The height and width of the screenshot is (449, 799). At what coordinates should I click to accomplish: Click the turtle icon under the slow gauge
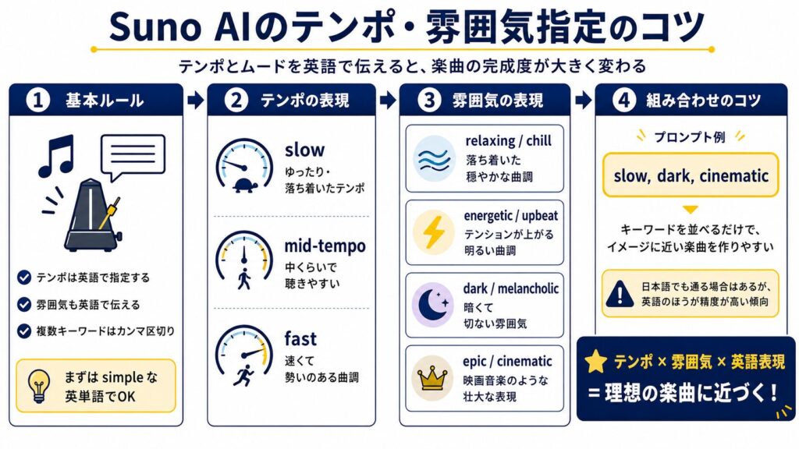coord(245,185)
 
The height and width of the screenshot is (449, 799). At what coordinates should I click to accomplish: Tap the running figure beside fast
coord(243,375)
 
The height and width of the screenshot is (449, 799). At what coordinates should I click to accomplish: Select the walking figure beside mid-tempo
coord(244,279)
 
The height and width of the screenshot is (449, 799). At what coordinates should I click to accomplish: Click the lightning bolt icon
coord(434,232)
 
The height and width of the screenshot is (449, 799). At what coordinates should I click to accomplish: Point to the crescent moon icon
coord(432,305)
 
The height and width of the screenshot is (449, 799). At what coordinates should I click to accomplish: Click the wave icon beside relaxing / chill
coord(434,159)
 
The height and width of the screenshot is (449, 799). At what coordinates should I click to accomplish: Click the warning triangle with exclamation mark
coord(620,293)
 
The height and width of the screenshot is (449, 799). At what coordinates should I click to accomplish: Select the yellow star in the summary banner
coord(595,361)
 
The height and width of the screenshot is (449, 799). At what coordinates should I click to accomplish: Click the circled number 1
coord(37,101)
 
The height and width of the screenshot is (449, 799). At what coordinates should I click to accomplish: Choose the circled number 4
coord(623,101)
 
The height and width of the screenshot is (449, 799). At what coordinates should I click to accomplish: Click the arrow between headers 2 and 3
coord(388,101)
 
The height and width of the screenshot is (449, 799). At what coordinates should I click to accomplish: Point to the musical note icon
coord(56,156)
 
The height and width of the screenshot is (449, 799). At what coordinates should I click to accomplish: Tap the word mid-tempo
coord(325,246)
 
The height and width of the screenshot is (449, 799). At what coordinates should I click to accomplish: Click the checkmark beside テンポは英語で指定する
coord(24,278)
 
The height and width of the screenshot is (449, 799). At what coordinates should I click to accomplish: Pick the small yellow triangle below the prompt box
coord(690,210)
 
